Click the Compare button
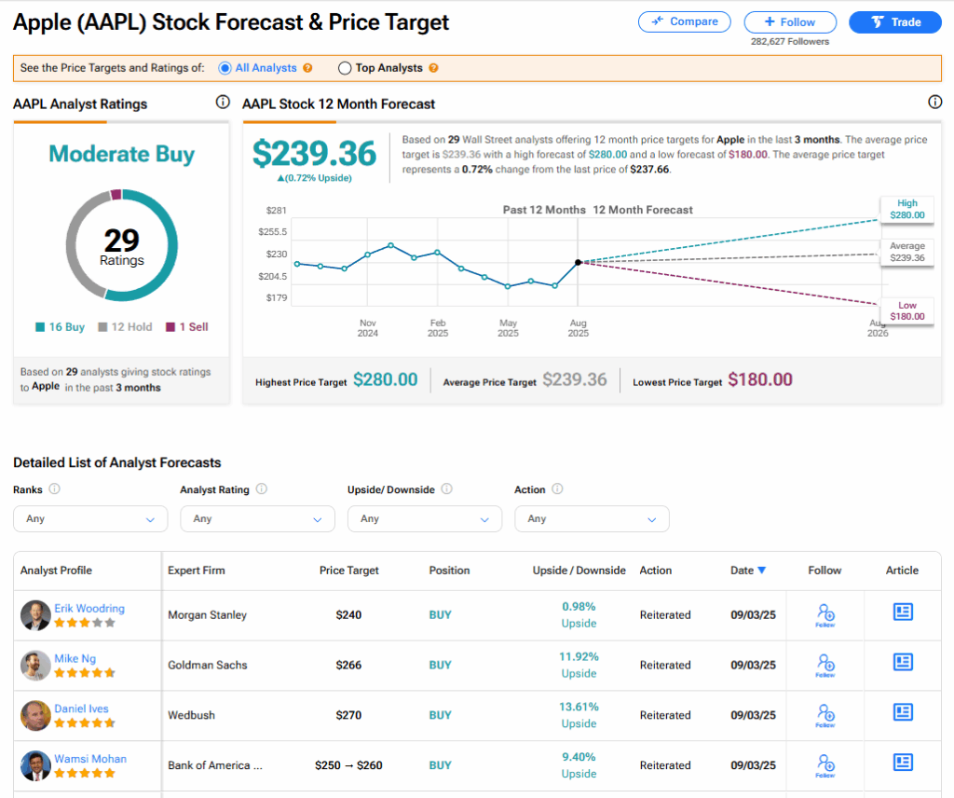685,21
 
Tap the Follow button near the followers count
790,21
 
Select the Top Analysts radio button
345,68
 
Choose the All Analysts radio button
225,68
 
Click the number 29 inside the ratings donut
122,241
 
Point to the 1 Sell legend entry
187,327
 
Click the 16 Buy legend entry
61,327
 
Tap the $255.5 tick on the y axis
273,231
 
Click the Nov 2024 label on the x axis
367,327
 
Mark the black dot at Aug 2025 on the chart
579,263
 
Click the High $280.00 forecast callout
906,209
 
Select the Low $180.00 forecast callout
906,311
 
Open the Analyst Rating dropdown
257,518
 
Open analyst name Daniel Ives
81,709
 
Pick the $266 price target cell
348,665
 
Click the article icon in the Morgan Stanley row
902,612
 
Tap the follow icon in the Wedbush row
825,714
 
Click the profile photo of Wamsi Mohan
35,765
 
